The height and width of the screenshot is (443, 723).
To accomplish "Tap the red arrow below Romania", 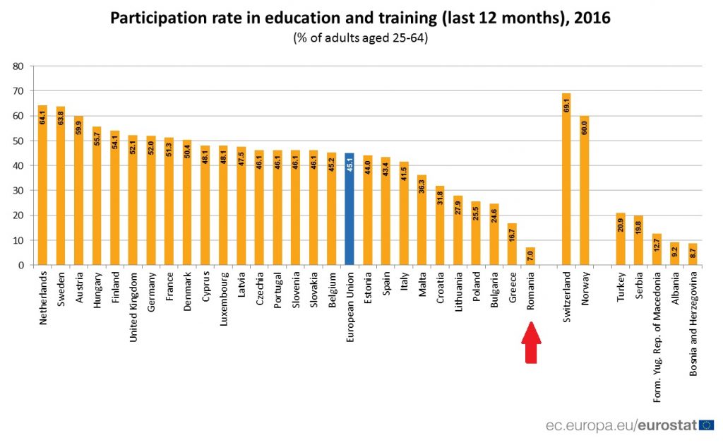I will pos(531,343).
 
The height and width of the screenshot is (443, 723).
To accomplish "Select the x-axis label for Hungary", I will pos(97,297).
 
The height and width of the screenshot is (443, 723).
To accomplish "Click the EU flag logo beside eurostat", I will pos(706,425).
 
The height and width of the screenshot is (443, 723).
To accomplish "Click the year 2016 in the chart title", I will pos(592,18).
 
